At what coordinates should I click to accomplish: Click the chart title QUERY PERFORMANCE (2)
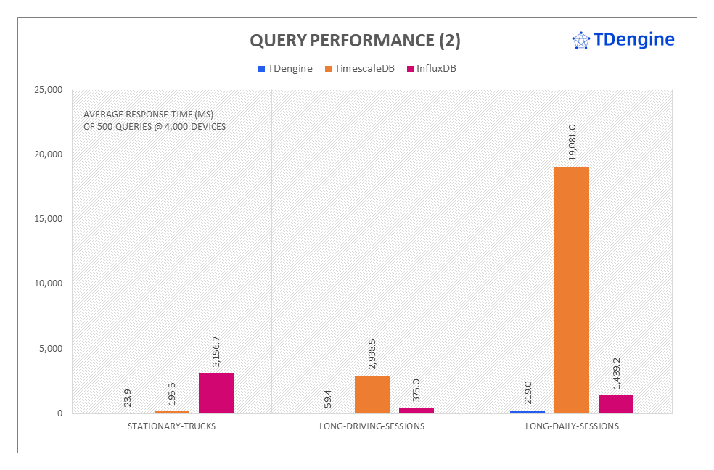(x=355, y=41)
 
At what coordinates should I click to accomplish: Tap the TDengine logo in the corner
(x=623, y=40)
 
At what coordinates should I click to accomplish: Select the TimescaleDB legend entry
(x=364, y=69)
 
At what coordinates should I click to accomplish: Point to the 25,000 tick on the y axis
(x=49, y=90)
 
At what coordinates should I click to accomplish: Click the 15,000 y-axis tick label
(x=49, y=219)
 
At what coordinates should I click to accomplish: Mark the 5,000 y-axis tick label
(x=51, y=348)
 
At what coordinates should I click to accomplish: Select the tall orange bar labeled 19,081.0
(x=572, y=290)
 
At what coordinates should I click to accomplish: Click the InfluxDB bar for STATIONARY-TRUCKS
(x=216, y=393)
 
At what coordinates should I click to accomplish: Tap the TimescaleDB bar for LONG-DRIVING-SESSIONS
(x=372, y=395)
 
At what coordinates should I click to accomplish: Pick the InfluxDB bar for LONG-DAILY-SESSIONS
(x=616, y=404)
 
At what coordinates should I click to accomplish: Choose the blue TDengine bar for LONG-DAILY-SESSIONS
(x=528, y=411)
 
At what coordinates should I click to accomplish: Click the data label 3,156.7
(x=216, y=351)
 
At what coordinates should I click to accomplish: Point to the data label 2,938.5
(x=372, y=354)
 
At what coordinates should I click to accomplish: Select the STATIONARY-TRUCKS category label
(x=171, y=426)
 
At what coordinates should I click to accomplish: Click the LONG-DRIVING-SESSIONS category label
(x=372, y=426)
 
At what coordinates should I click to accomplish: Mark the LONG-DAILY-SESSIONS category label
(x=572, y=426)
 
